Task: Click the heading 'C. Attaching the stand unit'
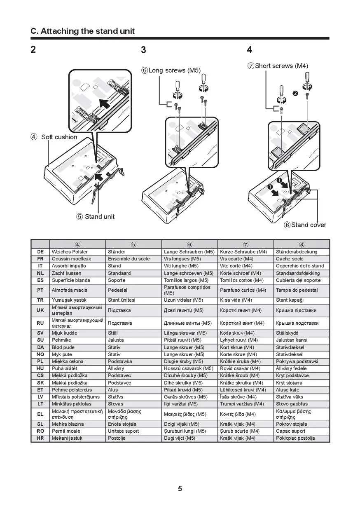[x=83, y=31]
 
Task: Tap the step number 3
[x=143, y=50]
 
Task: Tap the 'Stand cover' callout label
[x=308, y=225]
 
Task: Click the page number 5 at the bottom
[x=180, y=489]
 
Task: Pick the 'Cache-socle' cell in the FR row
[x=287, y=259]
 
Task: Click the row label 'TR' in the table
[x=40, y=300]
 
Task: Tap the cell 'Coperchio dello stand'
[x=300, y=266]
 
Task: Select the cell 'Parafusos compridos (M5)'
[x=187, y=290]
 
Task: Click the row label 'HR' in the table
[x=40, y=438]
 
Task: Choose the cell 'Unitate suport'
[x=124, y=431]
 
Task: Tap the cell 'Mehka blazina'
[x=68, y=424]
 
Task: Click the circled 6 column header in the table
[x=189, y=244]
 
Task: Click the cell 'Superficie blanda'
[x=71, y=280]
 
